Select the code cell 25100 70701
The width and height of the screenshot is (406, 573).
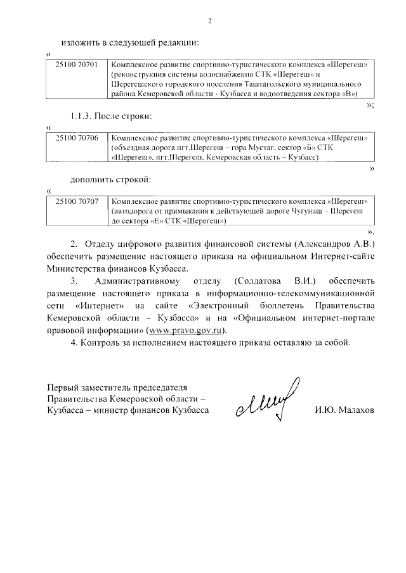[77, 65]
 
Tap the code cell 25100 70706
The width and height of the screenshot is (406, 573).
[77, 137]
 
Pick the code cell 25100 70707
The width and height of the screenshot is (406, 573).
[77, 201]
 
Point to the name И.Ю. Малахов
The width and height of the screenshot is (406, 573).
[344, 410]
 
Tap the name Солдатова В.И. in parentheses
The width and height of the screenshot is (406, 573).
[270, 280]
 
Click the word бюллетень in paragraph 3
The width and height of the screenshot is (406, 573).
[279, 305]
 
